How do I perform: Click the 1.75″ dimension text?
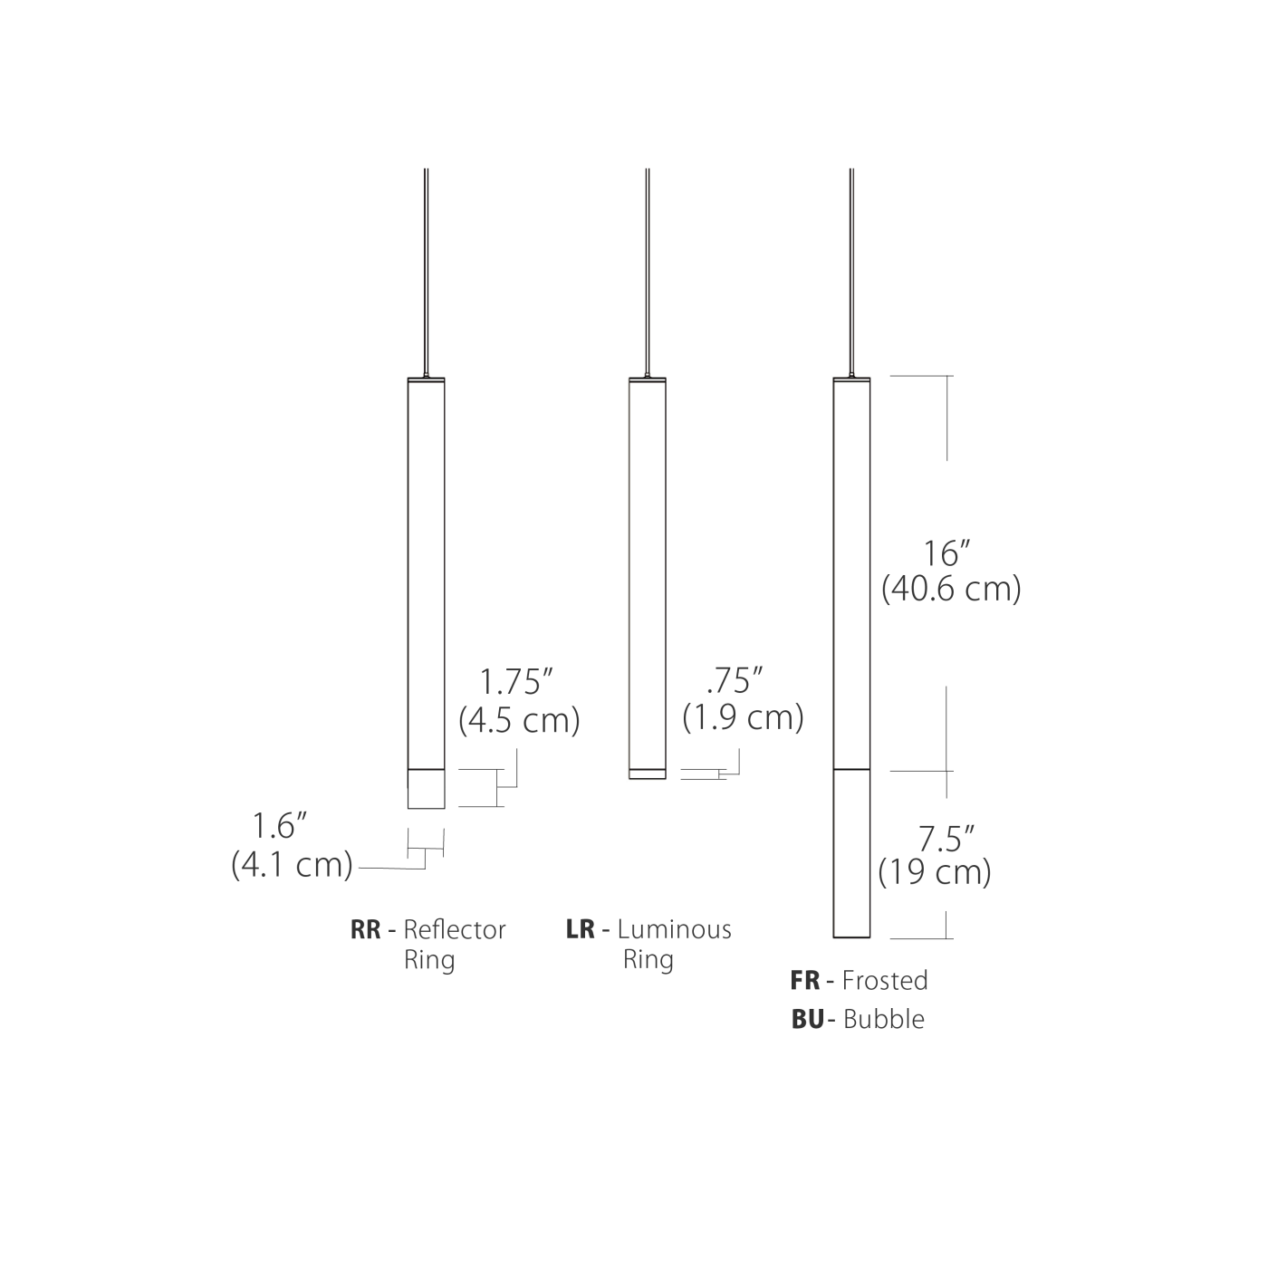tap(515, 682)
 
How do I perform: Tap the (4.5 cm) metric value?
tap(519, 720)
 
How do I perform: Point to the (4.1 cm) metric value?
tap(292, 864)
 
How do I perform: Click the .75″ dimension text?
tap(735, 679)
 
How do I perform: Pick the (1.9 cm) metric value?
tap(743, 717)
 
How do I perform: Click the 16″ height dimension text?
tap(947, 552)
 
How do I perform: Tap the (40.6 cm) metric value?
tap(951, 589)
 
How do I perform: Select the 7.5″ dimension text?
tap(945, 839)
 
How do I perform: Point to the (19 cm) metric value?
tap(935, 872)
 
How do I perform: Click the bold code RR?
tap(366, 930)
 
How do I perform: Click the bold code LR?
tap(580, 930)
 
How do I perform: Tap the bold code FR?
tap(805, 981)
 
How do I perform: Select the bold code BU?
tap(807, 1020)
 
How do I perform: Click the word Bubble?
tap(884, 1020)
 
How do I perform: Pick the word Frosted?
tap(885, 981)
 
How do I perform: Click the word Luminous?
tap(675, 930)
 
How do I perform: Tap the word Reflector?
tap(455, 930)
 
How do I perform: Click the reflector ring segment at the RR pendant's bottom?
tap(426, 788)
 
